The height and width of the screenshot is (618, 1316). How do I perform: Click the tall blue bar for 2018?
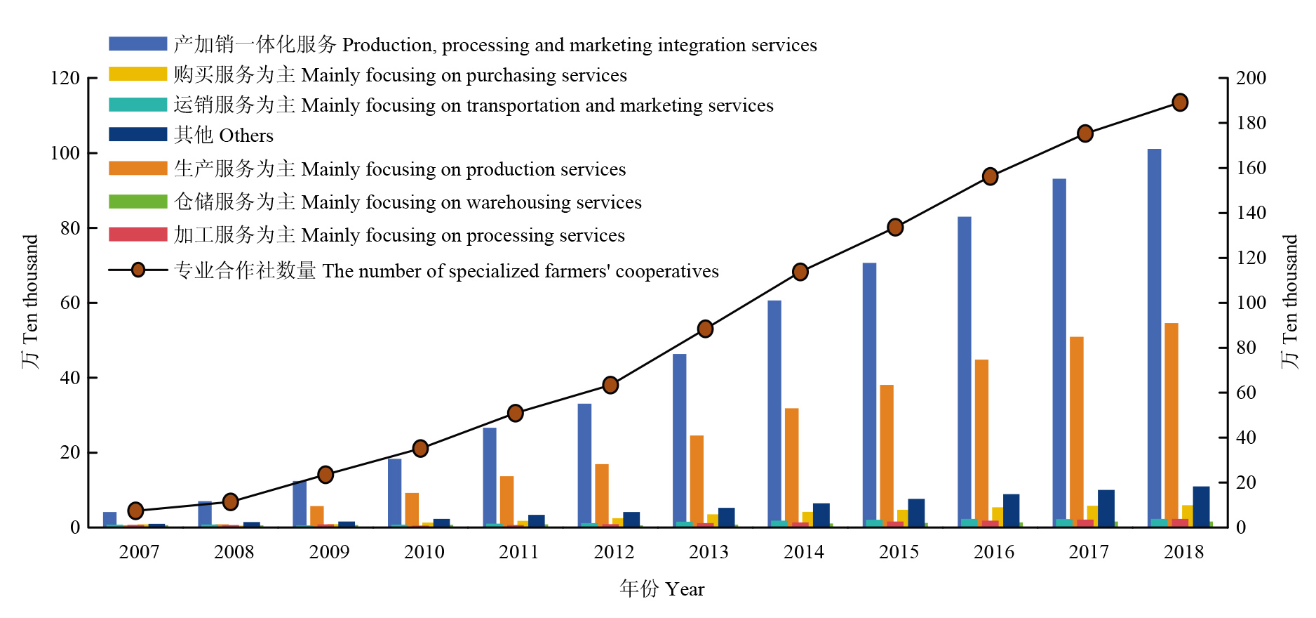1154,337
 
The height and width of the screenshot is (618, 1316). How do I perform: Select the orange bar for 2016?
981,442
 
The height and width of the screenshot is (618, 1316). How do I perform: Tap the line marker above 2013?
706,329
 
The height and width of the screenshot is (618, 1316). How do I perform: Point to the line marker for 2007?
136,511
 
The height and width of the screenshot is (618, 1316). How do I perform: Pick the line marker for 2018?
1180,103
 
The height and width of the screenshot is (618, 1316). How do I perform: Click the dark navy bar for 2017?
1106,508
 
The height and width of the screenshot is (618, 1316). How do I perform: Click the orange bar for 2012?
602,495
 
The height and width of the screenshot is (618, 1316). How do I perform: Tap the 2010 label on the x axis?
424,552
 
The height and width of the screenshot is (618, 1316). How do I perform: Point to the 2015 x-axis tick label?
899,552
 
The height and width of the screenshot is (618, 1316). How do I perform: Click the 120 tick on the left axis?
65,78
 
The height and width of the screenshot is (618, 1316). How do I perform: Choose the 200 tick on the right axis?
1251,78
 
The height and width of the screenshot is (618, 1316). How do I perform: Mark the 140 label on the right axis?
1251,213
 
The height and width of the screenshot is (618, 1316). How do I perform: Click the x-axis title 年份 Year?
662,589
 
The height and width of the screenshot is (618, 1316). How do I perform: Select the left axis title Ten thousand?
30,302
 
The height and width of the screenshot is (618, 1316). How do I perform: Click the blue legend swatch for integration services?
137,44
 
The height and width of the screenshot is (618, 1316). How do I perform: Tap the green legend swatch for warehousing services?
137,202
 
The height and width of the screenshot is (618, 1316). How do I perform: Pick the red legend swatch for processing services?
137,235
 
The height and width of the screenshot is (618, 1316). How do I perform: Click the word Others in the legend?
246,136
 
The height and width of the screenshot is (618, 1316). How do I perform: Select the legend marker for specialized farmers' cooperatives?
138,270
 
